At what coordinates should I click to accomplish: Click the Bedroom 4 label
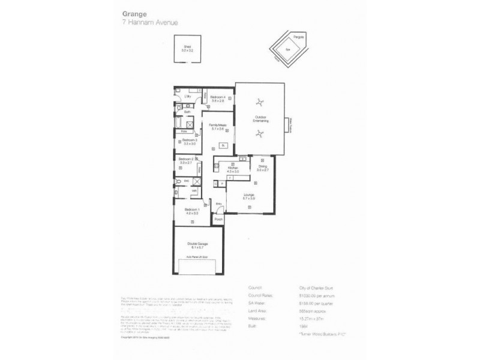click(218, 97)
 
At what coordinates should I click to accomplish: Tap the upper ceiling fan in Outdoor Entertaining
click(260, 102)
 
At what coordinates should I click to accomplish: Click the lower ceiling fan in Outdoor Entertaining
click(260, 135)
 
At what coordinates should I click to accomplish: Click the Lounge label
click(250, 194)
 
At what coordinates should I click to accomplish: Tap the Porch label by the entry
click(218, 220)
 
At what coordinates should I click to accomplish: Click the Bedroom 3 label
click(190, 140)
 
